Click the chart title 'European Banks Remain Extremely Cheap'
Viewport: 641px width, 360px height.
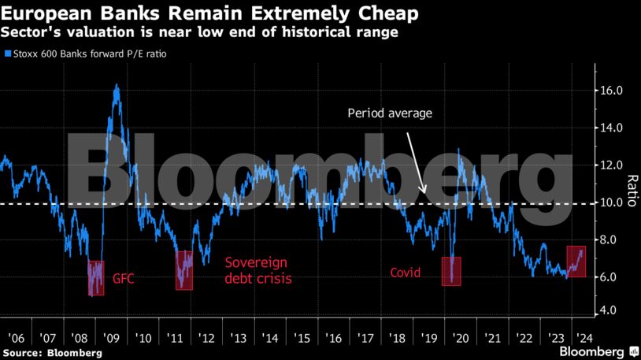coord(210,13)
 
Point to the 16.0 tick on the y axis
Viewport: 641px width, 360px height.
coord(613,91)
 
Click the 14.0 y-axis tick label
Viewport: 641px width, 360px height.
coord(613,128)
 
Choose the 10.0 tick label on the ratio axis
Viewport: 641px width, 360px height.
coord(613,202)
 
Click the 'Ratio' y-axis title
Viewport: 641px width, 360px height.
coord(631,190)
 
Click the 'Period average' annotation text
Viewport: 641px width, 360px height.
coord(390,113)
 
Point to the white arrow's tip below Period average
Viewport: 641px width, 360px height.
coord(424,194)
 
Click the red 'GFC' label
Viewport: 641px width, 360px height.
coord(124,278)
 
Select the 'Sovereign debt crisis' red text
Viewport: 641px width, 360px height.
coord(258,270)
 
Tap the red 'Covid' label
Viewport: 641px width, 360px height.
coord(406,273)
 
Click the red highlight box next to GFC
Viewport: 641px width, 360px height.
coord(96,278)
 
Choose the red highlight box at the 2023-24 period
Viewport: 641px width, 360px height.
coord(576,262)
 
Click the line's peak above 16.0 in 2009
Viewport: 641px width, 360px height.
coord(117,84)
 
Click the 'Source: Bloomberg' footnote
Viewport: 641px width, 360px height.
coord(52,352)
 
